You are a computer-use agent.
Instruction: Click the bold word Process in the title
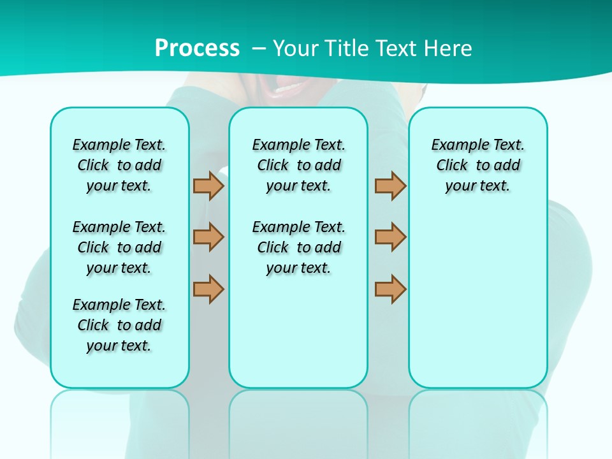point(197,48)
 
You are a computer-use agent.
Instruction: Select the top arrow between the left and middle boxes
point(208,186)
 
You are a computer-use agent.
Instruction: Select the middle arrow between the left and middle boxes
point(208,237)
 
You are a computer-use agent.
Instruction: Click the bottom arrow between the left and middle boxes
point(208,289)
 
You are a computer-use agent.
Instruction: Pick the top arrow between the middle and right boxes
point(390,186)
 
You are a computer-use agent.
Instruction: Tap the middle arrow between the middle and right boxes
point(390,237)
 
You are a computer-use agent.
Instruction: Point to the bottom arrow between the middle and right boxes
point(390,289)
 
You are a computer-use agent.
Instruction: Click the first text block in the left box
point(119,165)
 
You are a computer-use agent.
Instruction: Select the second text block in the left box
point(119,247)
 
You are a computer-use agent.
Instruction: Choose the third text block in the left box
point(119,325)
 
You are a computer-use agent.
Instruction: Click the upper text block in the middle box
point(298,165)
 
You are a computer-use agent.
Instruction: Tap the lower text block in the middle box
point(298,247)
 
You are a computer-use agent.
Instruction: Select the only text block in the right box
point(477,165)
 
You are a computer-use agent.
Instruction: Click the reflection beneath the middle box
point(298,421)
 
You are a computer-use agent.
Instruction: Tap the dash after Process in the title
point(259,48)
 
